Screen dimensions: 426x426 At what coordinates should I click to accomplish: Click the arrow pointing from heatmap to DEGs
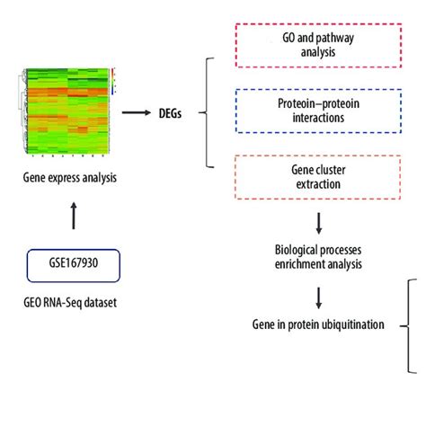pos(136,112)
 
